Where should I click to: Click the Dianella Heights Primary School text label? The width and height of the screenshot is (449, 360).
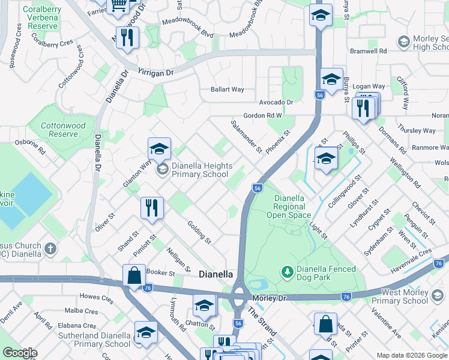200,170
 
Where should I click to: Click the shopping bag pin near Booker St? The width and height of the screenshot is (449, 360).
134,276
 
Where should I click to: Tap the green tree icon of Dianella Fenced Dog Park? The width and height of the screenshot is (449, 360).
288,273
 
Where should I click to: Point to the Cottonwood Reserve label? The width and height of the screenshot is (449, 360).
59,130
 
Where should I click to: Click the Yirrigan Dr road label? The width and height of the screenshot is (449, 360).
156,71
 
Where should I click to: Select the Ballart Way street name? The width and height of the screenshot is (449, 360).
227,89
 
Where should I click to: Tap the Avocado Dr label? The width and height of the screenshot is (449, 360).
276,102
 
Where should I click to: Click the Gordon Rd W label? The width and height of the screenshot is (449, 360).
262,115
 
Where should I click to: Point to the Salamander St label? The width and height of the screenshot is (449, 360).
247,135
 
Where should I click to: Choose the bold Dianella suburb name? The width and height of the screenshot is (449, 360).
215,274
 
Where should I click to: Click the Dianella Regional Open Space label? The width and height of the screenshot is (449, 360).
290,206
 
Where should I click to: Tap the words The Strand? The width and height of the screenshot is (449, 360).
262,322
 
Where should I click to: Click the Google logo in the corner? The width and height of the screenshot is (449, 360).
20,353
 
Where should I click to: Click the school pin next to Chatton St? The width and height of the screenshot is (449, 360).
204,307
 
